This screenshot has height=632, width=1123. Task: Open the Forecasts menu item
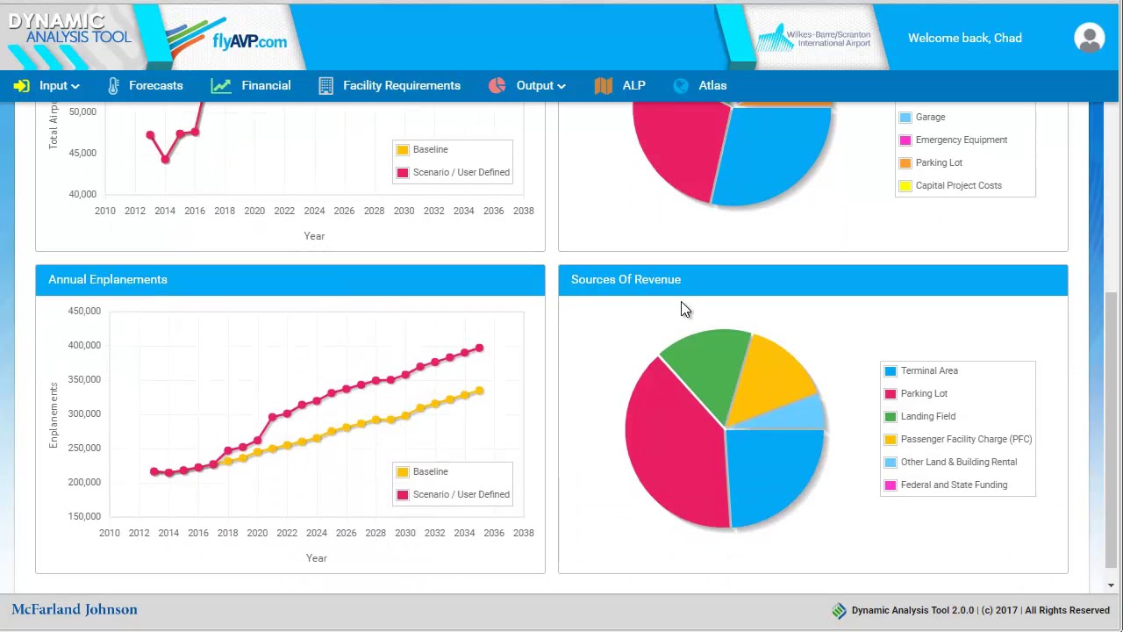click(154, 85)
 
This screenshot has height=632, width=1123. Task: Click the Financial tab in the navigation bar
click(265, 85)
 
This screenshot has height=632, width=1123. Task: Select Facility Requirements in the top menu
click(401, 85)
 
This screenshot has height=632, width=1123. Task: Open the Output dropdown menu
click(534, 85)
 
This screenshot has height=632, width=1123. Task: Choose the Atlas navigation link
click(712, 85)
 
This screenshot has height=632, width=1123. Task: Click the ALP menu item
click(633, 85)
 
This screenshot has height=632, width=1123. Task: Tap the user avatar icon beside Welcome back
click(1089, 38)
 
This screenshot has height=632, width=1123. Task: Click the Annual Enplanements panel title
click(108, 279)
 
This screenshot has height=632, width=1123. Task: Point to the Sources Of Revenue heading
click(626, 279)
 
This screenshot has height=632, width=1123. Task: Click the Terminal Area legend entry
click(928, 370)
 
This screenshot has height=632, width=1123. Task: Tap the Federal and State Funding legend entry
click(953, 485)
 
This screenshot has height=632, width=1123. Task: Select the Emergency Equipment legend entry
click(961, 140)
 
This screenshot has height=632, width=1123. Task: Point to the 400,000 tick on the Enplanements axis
click(84, 345)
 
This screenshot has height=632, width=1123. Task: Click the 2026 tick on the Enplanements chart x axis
click(346, 533)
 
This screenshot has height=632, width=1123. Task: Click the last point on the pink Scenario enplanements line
click(479, 348)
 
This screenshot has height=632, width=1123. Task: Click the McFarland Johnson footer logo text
click(75, 609)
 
